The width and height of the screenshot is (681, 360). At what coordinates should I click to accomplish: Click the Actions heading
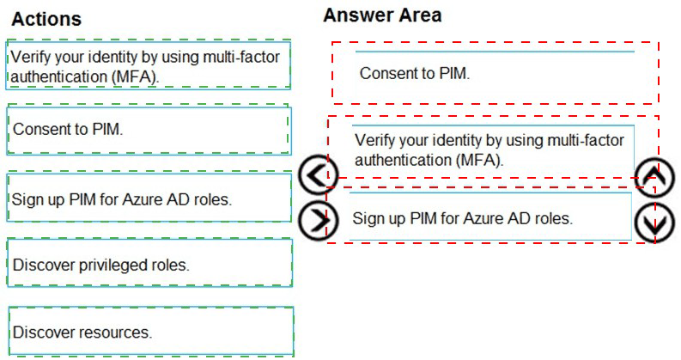pyautogui.click(x=46, y=19)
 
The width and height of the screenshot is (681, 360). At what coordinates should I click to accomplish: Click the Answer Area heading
pyautogui.click(x=382, y=15)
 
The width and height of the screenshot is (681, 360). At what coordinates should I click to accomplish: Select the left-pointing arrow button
pyautogui.click(x=318, y=174)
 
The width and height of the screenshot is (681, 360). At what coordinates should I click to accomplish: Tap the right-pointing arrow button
pyautogui.click(x=318, y=221)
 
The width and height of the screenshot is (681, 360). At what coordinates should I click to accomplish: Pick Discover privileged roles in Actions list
pyautogui.click(x=149, y=263)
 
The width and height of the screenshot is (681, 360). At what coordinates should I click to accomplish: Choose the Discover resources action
pyautogui.click(x=151, y=331)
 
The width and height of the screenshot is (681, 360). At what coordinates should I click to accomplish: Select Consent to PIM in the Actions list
pyautogui.click(x=149, y=130)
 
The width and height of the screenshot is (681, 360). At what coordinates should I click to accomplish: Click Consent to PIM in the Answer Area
pyautogui.click(x=496, y=73)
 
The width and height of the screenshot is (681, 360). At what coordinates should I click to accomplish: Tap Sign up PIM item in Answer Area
pyautogui.click(x=490, y=216)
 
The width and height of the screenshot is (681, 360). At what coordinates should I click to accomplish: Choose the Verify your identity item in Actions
pyautogui.click(x=148, y=64)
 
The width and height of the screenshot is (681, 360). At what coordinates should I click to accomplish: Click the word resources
pyautogui.click(x=116, y=333)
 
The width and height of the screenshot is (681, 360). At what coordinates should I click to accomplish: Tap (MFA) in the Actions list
pyautogui.click(x=136, y=77)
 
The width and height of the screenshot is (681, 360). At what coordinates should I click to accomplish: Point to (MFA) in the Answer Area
pyautogui.click(x=480, y=161)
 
